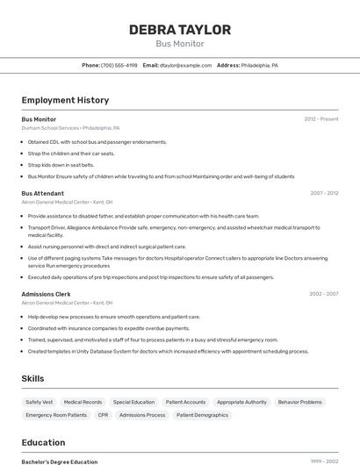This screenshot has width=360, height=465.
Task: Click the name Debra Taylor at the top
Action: coord(180,30)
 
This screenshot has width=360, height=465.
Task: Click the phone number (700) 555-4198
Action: coord(119,65)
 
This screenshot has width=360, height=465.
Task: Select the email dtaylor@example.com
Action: coord(184,65)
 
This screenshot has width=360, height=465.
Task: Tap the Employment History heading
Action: coord(65,100)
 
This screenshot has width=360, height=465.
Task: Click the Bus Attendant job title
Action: coord(42,193)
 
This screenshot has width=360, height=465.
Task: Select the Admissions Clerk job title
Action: coord(46,294)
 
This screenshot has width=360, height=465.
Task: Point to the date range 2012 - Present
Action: coord(320,119)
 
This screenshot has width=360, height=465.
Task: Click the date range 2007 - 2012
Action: coord(323,193)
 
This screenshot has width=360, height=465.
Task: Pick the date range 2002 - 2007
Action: coord(323,294)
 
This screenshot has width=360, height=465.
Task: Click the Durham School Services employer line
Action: coord(70,128)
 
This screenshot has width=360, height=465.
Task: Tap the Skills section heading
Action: coord(33,378)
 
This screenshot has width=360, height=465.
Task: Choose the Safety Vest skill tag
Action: coord(40,402)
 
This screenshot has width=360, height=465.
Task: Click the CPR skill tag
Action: coord(104,415)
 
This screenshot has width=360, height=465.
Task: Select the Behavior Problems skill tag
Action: coord(299,402)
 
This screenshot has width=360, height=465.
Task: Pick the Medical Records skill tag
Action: coord(83,402)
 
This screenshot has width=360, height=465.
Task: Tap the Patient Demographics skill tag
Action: coord(202,415)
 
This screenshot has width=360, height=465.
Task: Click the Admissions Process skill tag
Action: coord(142,415)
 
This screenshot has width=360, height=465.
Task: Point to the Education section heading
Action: coord(43,443)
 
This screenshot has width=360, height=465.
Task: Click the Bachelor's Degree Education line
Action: coord(59,461)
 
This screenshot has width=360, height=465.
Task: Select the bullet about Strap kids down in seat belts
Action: coord(61,165)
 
